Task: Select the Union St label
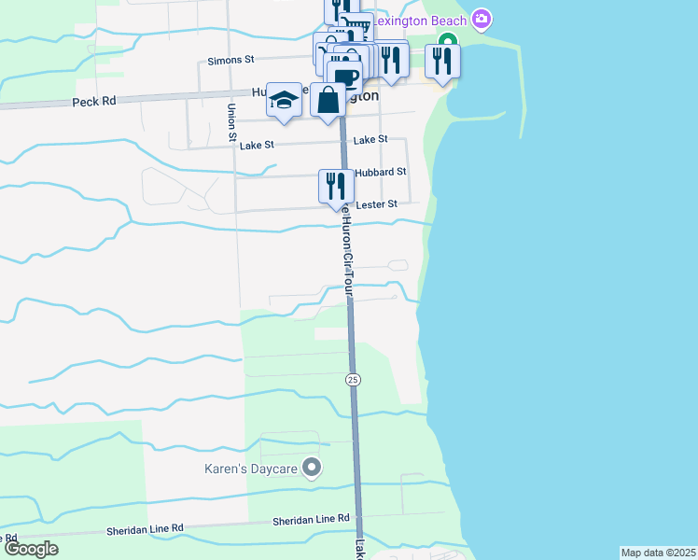[x=230, y=123]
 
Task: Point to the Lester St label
[x=376, y=203]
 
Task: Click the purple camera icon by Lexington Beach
[x=482, y=19]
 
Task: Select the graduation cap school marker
[x=284, y=100]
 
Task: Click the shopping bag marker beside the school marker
[x=328, y=99]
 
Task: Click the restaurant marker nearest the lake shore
[x=441, y=60]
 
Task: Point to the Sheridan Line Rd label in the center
[x=311, y=519]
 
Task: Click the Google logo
[x=31, y=549]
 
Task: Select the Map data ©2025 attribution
[x=658, y=553]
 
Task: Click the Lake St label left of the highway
[x=257, y=145]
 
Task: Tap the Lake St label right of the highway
[x=370, y=140]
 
